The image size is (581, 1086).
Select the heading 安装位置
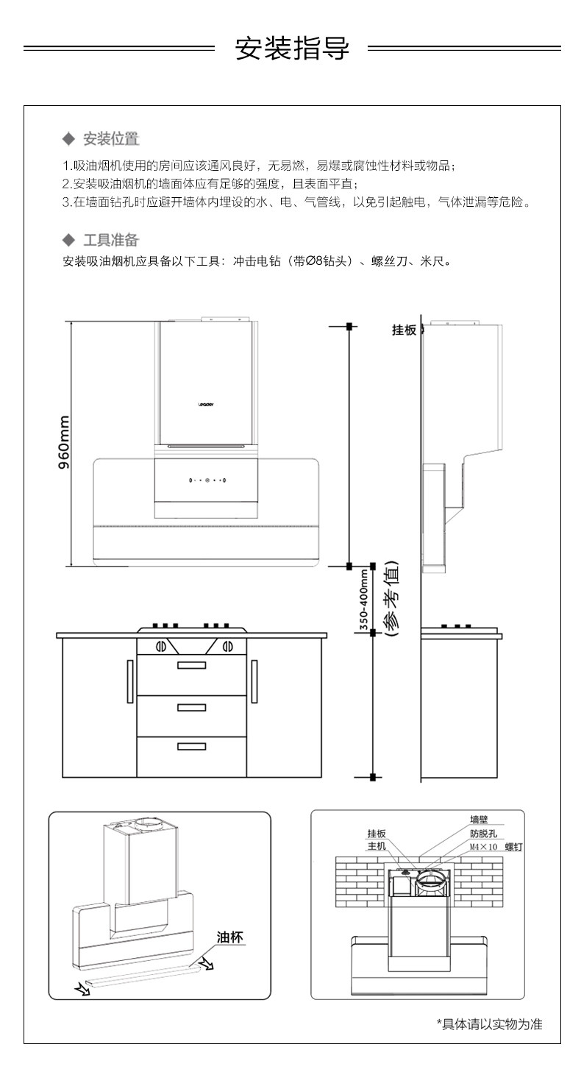tap(110, 139)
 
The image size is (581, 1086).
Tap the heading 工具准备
tap(110, 240)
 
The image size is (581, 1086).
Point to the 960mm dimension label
tap(64, 443)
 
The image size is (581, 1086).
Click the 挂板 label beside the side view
tap(404, 330)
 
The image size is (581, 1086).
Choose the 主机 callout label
tap(377, 847)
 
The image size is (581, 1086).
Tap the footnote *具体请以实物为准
tap(489, 1025)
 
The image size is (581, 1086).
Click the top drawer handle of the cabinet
tap(191, 666)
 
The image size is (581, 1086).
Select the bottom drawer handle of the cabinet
tap(191, 747)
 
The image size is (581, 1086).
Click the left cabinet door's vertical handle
tap(130, 681)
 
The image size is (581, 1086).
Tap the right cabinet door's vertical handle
tap(254, 681)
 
